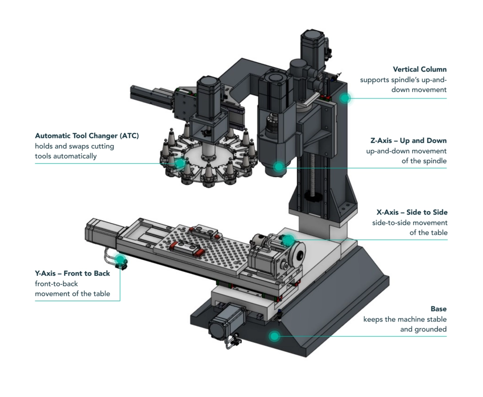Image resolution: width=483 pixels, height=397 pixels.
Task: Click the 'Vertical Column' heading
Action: click(x=419, y=69)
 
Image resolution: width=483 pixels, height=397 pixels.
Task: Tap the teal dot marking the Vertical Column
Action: click(x=345, y=98)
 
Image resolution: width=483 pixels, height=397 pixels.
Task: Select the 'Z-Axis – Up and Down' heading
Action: click(x=409, y=141)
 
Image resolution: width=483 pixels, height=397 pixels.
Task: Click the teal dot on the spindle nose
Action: click(x=279, y=166)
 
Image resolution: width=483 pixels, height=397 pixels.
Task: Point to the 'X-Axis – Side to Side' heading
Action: click(x=412, y=212)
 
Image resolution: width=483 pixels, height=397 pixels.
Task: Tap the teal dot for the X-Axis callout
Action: click(x=289, y=240)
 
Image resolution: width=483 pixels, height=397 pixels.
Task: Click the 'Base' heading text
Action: click(x=438, y=309)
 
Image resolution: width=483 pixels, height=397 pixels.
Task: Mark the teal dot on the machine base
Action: click(x=273, y=336)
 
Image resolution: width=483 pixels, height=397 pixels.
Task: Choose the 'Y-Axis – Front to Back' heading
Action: click(x=72, y=273)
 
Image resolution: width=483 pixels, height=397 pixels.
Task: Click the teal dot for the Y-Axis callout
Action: click(x=121, y=259)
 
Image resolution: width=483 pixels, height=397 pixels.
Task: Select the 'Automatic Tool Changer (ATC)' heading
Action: click(x=87, y=136)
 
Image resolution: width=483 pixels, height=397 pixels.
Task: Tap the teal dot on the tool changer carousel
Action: click(x=180, y=163)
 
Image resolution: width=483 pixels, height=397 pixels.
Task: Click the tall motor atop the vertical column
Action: click(x=312, y=49)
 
